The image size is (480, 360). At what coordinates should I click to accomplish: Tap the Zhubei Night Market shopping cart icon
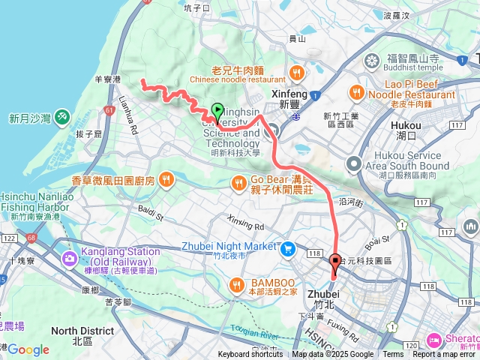tap(287, 247)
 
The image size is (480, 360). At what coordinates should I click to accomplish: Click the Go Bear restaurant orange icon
tap(238, 181)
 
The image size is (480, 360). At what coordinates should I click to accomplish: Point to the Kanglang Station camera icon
tap(70, 259)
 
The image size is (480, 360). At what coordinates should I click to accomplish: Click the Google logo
tap(28, 349)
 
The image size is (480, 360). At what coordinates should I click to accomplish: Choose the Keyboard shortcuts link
tap(250, 355)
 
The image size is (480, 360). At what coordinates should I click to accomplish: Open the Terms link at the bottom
tap(393, 355)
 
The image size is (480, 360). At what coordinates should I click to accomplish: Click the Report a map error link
tap(445, 355)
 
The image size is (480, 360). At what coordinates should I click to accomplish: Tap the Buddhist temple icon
tap(371, 60)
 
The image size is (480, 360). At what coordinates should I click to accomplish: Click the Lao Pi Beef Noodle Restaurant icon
tap(356, 91)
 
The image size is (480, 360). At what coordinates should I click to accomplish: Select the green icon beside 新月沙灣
tap(61, 118)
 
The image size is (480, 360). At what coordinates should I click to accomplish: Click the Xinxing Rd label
tap(246, 226)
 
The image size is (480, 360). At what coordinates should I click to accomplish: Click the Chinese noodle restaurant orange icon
tap(298, 73)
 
